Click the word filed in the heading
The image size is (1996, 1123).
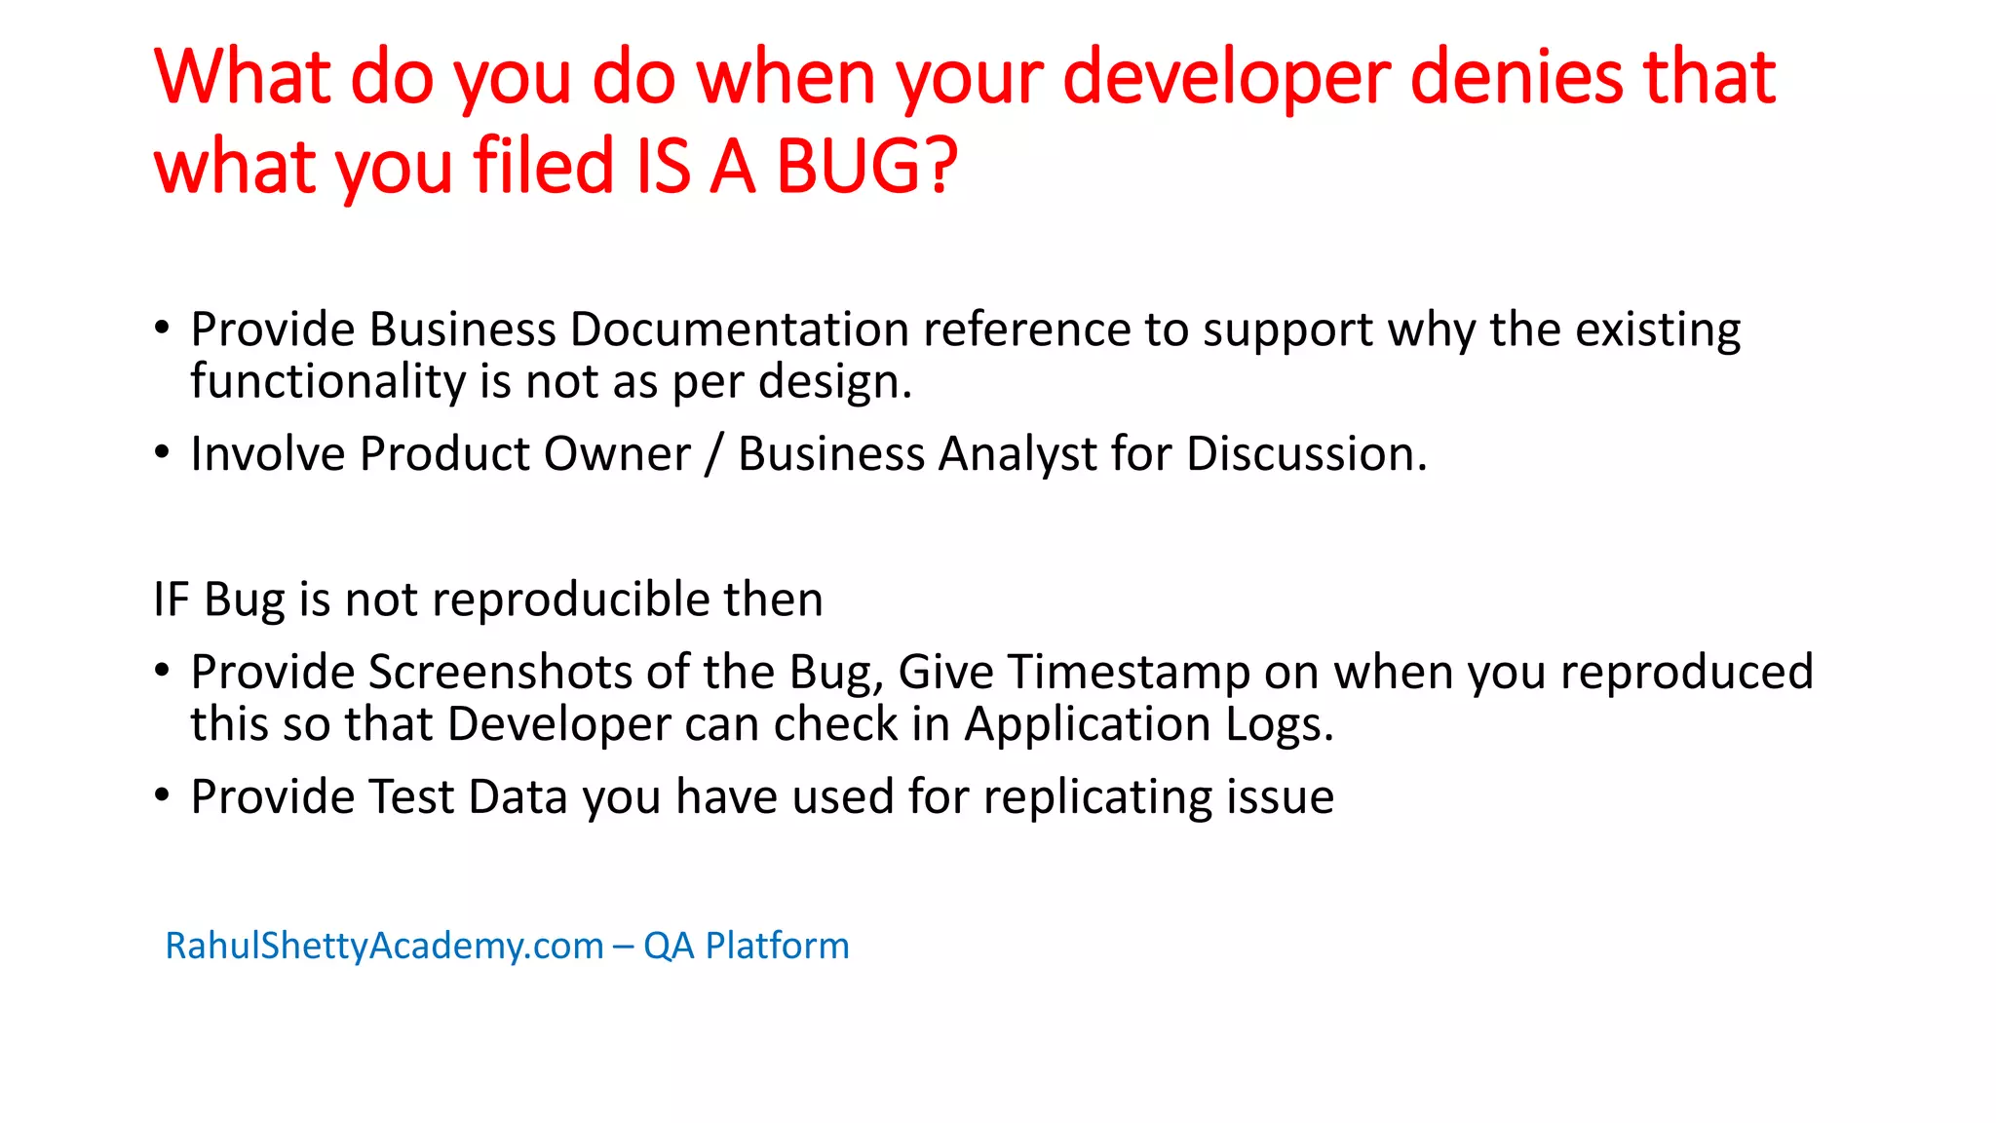pos(544,166)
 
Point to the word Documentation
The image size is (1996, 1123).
pos(739,329)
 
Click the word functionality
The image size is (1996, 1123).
pos(327,381)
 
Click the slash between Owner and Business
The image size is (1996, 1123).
pos(713,454)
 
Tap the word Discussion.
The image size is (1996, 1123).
pos(1306,454)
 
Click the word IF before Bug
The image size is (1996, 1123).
pos(171,599)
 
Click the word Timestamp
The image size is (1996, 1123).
pos(1129,672)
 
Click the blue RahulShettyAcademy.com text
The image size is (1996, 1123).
pos(384,946)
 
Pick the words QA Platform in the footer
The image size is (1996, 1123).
pos(746,946)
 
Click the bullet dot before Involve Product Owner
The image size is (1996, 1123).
pos(163,452)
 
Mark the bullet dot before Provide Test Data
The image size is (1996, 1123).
pos(163,795)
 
